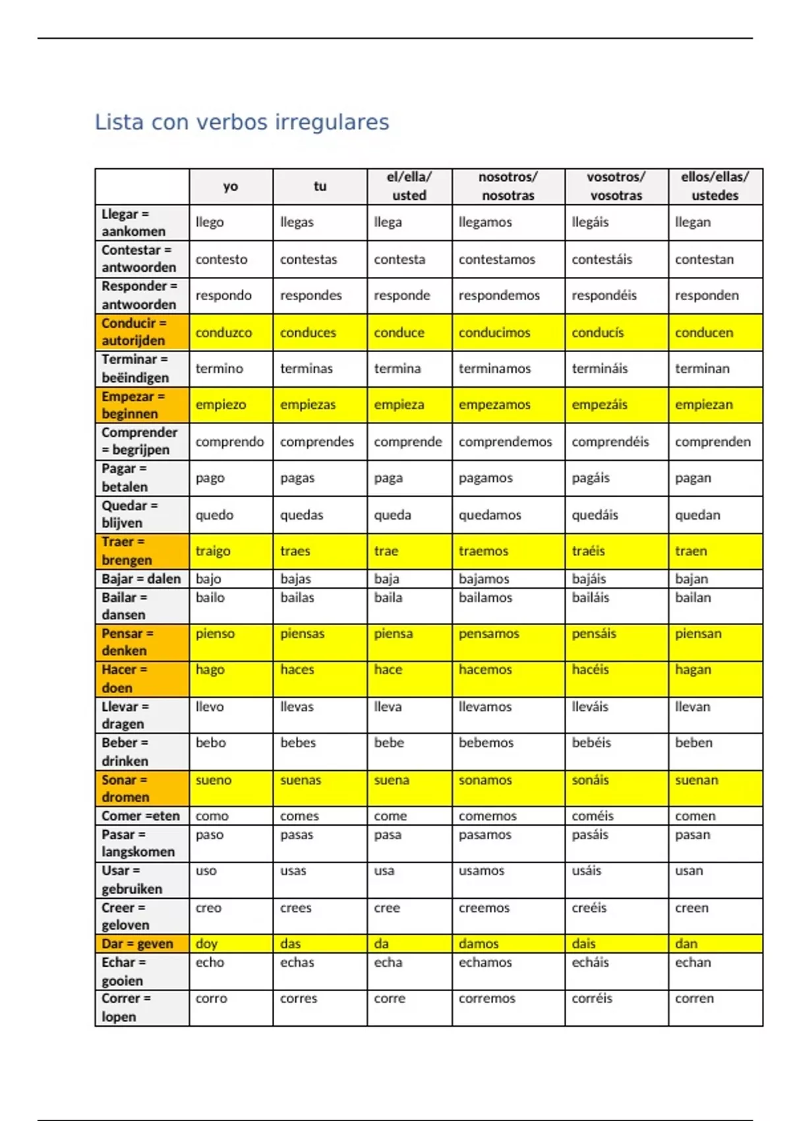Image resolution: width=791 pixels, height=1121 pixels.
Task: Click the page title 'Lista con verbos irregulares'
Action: pyautogui.click(x=242, y=122)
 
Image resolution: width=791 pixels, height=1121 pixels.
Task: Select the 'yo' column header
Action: pyautogui.click(x=230, y=187)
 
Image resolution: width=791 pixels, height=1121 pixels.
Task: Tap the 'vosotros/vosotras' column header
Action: pyautogui.click(x=616, y=187)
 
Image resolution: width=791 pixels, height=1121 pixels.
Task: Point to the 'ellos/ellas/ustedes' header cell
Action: pyautogui.click(x=715, y=187)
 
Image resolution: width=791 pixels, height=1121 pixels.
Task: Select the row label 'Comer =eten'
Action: pyautogui.click(x=140, y=816)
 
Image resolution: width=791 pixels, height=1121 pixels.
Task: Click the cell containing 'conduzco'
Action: pyautogui.click(x=223, y=332)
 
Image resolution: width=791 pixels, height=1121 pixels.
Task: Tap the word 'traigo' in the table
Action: pyautogui.click(x=213, y=551)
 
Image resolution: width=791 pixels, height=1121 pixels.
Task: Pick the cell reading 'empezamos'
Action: pyautogui.click(x=494, y=404)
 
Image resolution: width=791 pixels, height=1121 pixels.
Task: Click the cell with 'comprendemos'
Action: pyautogui.click(x=505, y=442)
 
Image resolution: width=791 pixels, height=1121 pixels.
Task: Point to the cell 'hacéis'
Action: pyautogui.click(x=590, y=669)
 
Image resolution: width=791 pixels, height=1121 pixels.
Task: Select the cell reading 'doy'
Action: pyautogui.click(x=206, y=944)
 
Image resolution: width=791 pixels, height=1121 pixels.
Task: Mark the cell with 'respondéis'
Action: pyautogui.click(x=604, y=295)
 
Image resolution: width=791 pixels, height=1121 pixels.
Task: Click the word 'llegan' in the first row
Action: pyautogui.click(x=692, y=222)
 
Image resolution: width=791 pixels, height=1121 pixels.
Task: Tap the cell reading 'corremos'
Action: pyautogui.click(x=486, y=998)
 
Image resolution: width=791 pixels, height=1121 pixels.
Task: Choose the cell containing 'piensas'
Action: pyautogui.click(x=302, y=634)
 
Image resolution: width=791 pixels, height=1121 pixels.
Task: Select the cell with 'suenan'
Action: pyautogui.click(x=696, y=780)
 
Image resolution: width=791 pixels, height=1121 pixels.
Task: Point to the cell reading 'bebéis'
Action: pyautogui.click(x=591, y=742)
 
